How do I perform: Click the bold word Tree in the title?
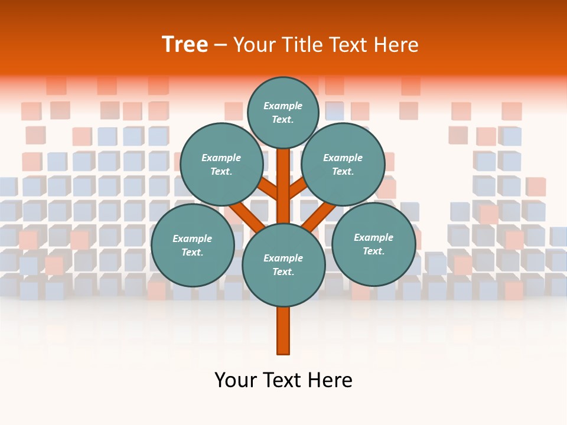[x=185, y=45]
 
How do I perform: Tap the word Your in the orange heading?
[x=253, y=45]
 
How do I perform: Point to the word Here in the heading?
[x=396, y=45]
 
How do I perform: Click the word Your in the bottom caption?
[x=235, y=380]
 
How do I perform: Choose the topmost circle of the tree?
[x=283, y=112]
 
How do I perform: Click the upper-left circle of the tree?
[x=221, y=165]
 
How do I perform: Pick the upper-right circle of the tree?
[x=343, y=165]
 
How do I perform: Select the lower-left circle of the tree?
[x=193, y=245]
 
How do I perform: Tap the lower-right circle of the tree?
[x=373, y=244]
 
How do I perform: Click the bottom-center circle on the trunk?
[x=283, y=265]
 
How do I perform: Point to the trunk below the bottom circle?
[x=283, y=331]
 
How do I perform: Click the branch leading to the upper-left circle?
[x=268, y=189]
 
